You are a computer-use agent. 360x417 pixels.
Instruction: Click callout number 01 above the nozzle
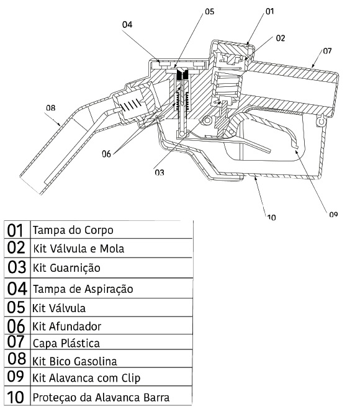pyautogui.click(x=269, y=11)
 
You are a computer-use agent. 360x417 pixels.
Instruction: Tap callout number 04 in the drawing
pyautogui.click(x=127, y=24)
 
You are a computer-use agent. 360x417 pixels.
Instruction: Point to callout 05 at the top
pyautogui.click(x=209, y=11)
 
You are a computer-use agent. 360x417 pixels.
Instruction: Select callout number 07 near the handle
pyautogui.click(x=327, y=50)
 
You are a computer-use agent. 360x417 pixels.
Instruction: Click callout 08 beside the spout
pyautogui.click(x=50, y=108)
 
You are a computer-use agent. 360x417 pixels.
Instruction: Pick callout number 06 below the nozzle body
pyautogui.click(x=106, y=154)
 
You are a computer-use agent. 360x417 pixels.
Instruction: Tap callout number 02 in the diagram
pyautogui.click(x=281, y=38)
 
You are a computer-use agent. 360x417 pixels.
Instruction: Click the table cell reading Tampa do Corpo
pyautogui.click(x=73, y=230)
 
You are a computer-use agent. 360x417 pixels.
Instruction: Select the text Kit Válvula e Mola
pyautogui.click(x=78, y=249)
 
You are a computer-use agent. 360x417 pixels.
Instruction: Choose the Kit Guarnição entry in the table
pyautogui.click(x=66, y=268)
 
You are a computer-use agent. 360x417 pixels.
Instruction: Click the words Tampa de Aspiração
pyautogui.click(x=83, y=289)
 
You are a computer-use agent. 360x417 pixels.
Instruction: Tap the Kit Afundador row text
pyautogui.click(x=66, y=326)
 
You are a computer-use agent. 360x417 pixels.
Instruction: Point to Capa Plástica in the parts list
pyautogui.click(x=66, y=343)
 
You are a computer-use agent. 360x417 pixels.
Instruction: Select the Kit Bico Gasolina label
pyautogui.click(x=74, y=361)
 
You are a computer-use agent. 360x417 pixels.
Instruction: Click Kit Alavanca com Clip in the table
pyautogui.click(x=86, y=378)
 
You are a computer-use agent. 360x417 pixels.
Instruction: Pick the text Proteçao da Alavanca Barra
pyautogui.click(x=101, y=398)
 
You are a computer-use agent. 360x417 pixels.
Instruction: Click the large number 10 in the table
pyautogui.click(x=16, y=397)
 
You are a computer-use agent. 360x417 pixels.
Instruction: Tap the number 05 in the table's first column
pyautogui.click(x=16, y=307)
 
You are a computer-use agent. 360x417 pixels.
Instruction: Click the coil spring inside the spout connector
pyautogui.click(x=132, y=105)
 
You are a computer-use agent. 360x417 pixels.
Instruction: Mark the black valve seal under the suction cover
pyautogui.click(x=182, y=73)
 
